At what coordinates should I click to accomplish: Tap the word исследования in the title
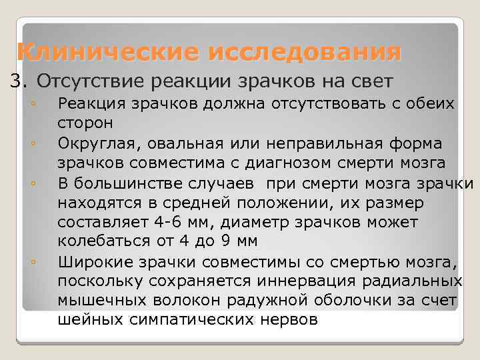[x=305, y=51]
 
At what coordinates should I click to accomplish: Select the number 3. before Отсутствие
[x=20, y=81]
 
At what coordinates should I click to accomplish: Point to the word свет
[x=374, y=81]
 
